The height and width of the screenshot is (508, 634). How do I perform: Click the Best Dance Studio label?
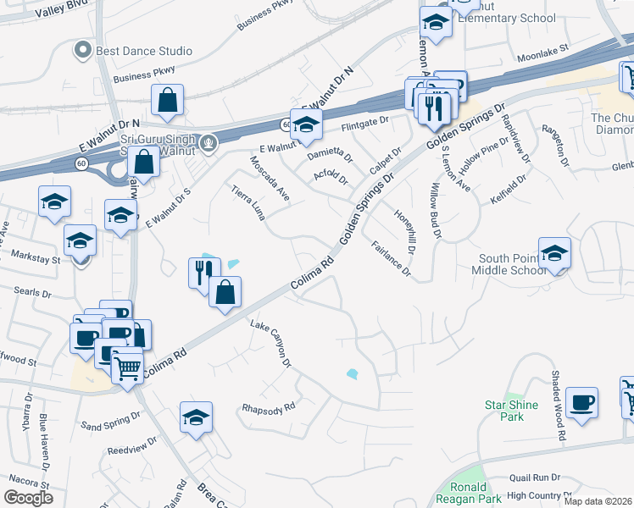pos(143,51)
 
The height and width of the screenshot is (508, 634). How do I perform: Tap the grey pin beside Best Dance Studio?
pos(83,51)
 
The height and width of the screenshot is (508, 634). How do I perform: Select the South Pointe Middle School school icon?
pos(554,252)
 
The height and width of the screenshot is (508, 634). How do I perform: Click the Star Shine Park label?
pos(510,411)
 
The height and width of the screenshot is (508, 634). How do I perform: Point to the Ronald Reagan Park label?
pos(469,493)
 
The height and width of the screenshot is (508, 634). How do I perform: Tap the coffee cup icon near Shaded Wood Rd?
pos(581,402)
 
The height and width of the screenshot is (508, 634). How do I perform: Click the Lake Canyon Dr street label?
pos(271,345)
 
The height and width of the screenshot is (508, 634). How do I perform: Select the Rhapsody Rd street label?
pos(267,407)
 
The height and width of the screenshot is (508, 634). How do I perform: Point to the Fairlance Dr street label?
pos(391,259)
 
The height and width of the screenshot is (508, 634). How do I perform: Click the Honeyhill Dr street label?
pos(406,229)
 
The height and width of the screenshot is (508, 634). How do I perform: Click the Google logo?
pos(27,497)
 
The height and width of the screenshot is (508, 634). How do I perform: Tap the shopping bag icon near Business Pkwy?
pos(169,99)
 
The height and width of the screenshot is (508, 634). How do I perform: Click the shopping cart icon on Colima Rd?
pos(127,365)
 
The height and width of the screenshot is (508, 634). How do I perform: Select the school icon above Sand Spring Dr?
pos(196,417)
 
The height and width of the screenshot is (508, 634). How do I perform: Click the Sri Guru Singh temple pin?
pos(210,141)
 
